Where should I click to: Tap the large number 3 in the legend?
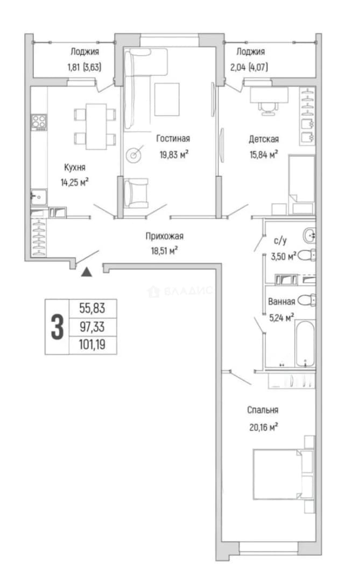coord(57,327)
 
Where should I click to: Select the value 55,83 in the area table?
coord(93,308)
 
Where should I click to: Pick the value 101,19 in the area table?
coord(93,345)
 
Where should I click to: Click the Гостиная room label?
coord(173,139)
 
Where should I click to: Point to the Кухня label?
coord(75,167)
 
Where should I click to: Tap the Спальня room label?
coord(263,410)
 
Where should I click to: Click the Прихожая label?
coord(164,236)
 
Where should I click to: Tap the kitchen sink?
coord(39,197)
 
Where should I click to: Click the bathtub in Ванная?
coord(305,343)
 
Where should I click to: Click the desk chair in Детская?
coord(267,108)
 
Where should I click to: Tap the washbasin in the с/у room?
coord(309,235)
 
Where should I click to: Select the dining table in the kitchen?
coord(96,126)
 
